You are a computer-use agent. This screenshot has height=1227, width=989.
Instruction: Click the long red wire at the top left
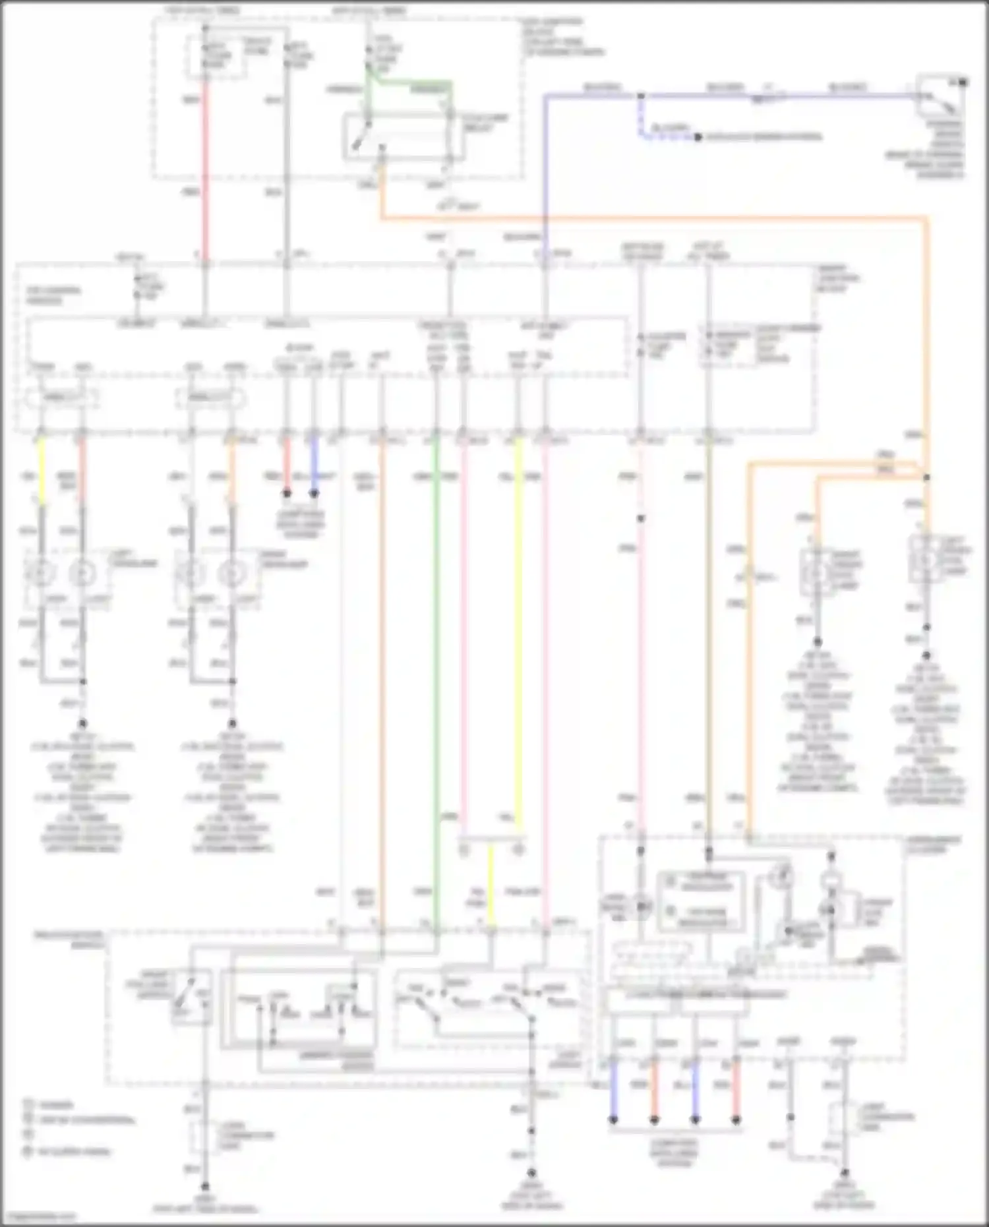tap(205, 171)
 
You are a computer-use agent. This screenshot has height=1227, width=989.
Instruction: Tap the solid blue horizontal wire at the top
tap(725, 96)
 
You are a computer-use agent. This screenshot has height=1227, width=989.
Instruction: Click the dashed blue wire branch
tap(659, 137)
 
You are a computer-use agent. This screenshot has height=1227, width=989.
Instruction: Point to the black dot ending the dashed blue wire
tap(697, 137)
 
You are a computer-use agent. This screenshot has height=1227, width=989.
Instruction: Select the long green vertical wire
tap(435, 659)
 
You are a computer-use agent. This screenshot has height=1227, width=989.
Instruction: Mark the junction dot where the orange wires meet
tap(926, 477)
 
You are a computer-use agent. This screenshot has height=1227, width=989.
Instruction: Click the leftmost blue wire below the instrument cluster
tap(613, 1088)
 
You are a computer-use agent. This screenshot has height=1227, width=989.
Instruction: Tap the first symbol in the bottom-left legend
tap(28, 1102)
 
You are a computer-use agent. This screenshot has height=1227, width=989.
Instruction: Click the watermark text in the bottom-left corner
tap(40, 1217)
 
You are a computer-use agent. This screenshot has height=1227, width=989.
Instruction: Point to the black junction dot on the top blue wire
tap(640, 96)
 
